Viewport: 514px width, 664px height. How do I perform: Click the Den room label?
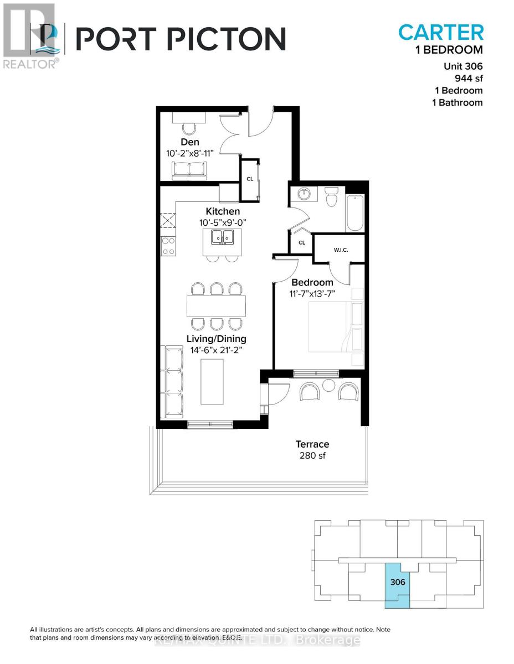tap(189, 142)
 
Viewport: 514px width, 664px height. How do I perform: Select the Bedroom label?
tap(313, 283)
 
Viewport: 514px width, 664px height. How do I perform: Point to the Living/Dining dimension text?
tap(217, 350)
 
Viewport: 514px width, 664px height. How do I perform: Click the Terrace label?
tap(312, 444)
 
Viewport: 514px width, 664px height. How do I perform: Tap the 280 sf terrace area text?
tap(312, 456)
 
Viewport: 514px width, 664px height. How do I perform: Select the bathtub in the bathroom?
tap(355, 213)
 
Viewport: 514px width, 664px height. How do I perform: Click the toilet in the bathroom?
tap(332, 197)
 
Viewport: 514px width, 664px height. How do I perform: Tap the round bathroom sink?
tap(304, 194)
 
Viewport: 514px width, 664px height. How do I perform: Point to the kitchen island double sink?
tap(223, 239)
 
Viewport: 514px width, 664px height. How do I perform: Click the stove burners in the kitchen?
tap(168, 246)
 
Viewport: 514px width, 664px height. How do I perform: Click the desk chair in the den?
tap(189, 128)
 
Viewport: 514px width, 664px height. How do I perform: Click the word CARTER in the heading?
tap(441, 32)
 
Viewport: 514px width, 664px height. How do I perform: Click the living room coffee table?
tap(212, 382)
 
